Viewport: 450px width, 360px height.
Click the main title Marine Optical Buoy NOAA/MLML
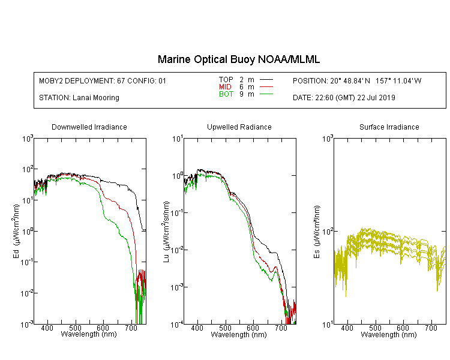(x=238, y=59)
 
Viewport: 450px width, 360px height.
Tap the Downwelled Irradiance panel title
(x=89, y=127)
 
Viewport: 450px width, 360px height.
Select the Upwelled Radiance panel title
(x=239, y=127)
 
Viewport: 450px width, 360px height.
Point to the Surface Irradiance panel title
(x=389, y=127)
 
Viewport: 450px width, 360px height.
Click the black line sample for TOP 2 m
(x=266, y=80)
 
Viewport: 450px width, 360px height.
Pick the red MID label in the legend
(x=225, y=86)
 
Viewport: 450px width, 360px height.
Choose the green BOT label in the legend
(x=226, y=94)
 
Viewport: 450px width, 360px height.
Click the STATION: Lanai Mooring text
(x=79, y=98)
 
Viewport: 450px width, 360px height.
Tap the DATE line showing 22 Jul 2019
(x=344, y=98)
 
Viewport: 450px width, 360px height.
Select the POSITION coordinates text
(x=357, y=80)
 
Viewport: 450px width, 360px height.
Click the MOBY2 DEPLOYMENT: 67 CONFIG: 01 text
(x=103, y=80)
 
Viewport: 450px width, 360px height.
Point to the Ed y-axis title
(x=16, y=231)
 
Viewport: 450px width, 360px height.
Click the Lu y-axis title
(x=166, y=232)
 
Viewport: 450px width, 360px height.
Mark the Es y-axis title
(x=317, y=232)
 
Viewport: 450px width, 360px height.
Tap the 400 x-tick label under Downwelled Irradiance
(x=47, y=328)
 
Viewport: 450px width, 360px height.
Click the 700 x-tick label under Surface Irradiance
(x=431, y=328)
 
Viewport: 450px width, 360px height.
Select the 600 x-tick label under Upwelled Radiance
(x=253, y=328)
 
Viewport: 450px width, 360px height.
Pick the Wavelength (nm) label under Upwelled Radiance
(x=239, y=335)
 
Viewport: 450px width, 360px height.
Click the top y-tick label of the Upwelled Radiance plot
(x=178, y=139)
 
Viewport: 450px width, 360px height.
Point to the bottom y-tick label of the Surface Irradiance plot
(x=328, y=325)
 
